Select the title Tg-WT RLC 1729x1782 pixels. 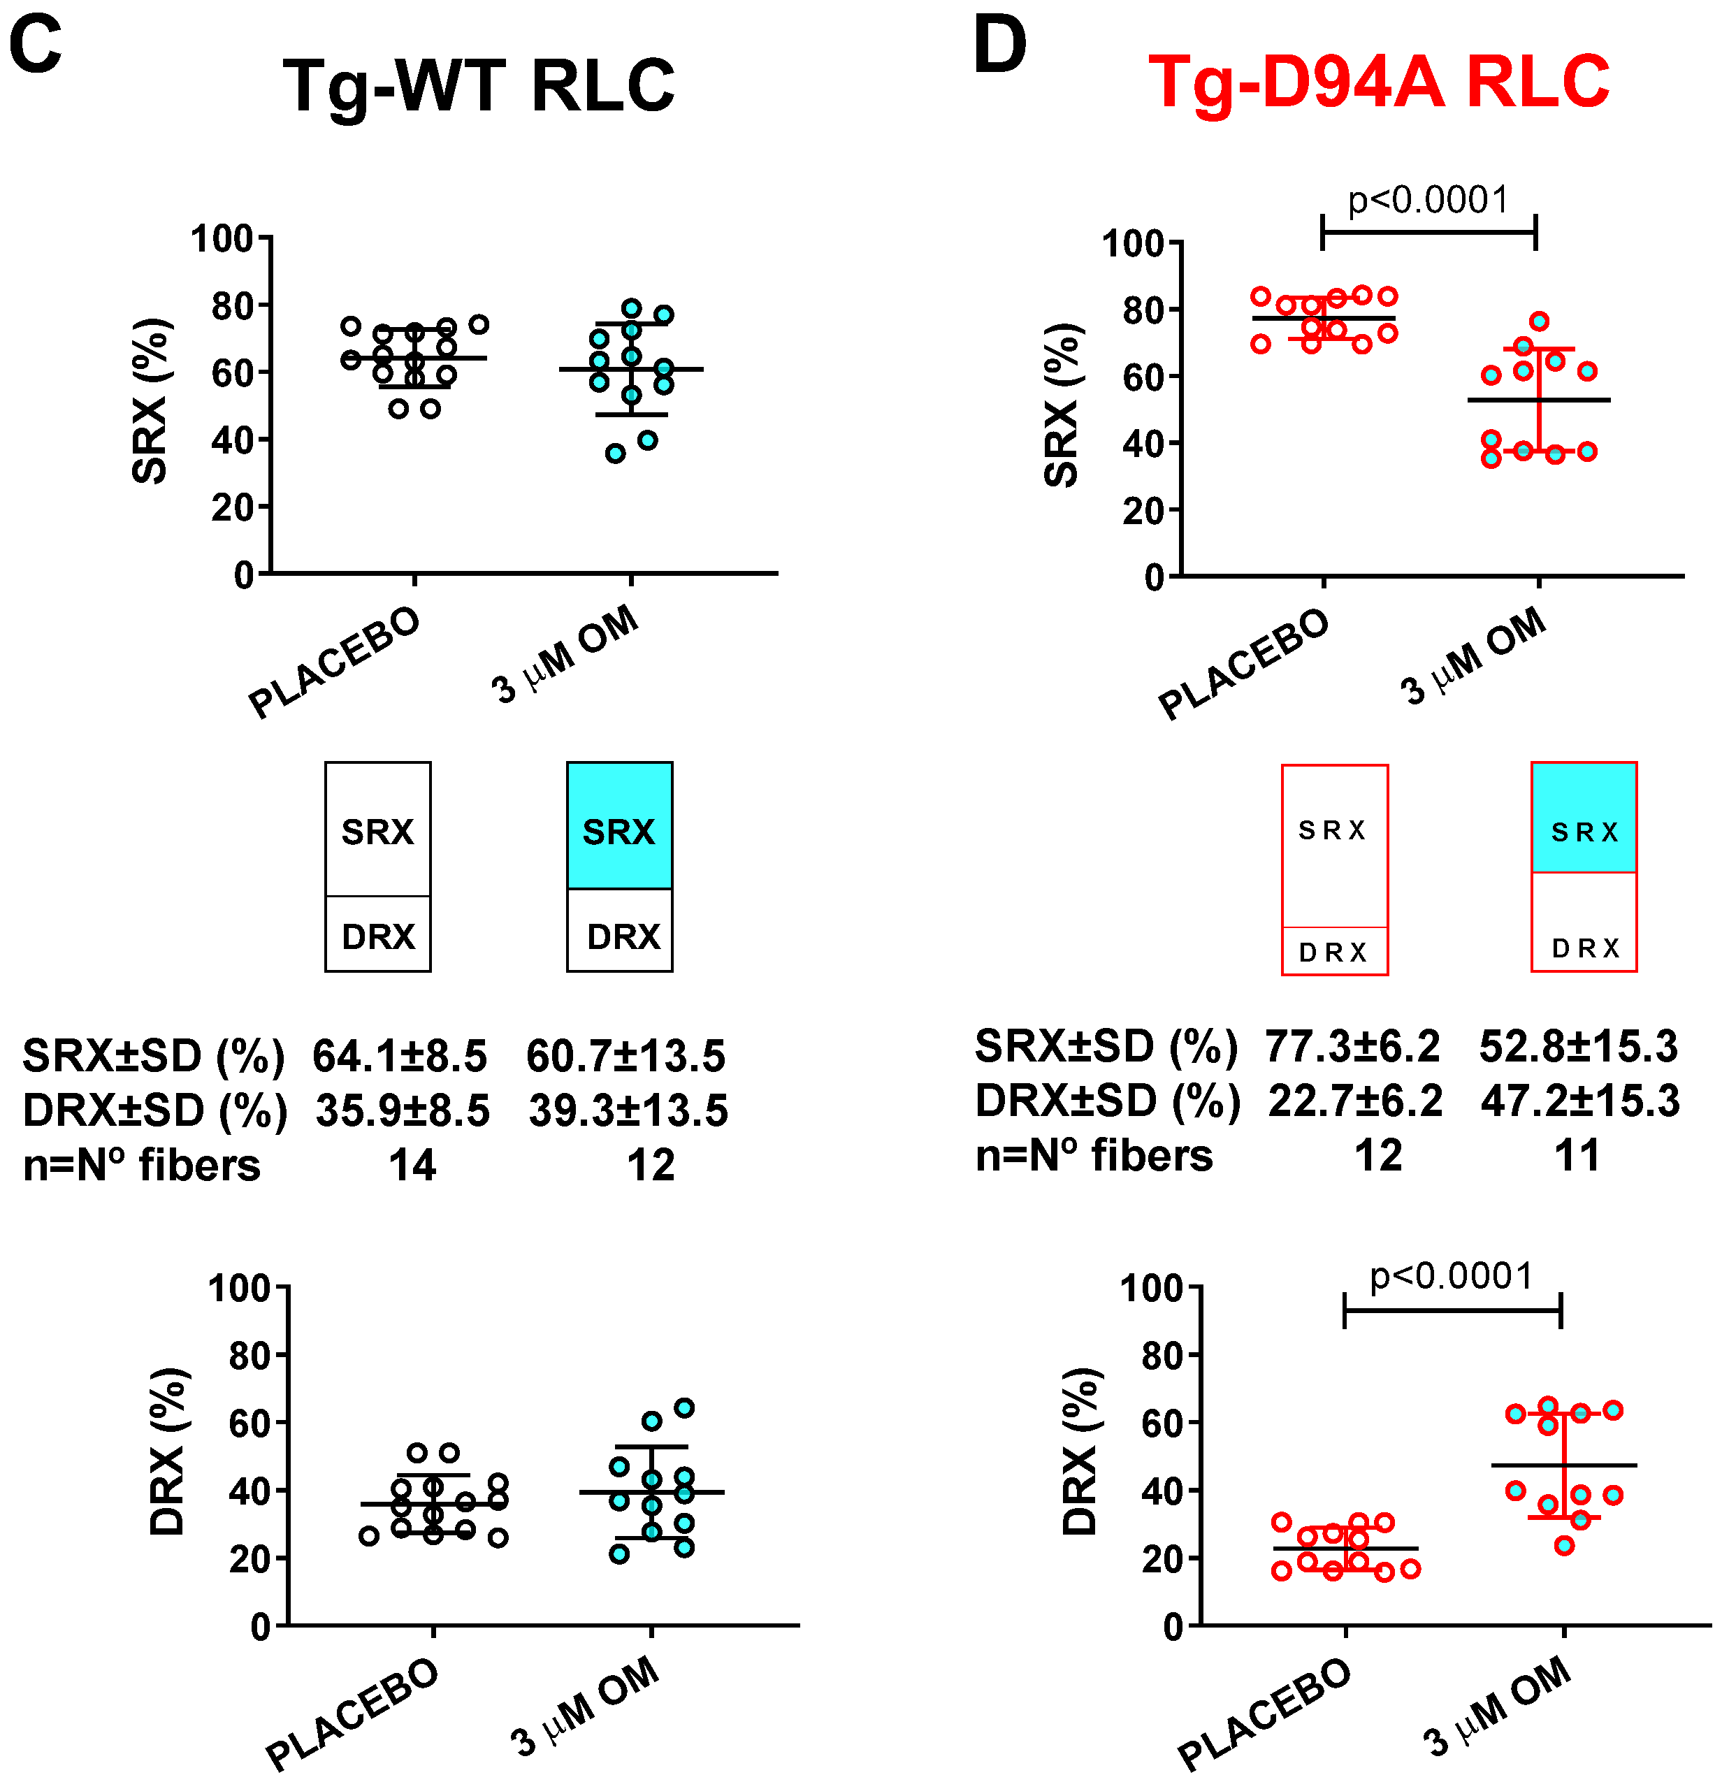click(x=479, y=87)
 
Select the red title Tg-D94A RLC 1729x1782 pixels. click(x=1378, y=82)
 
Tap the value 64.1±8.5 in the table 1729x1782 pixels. click(x=400, y=1055)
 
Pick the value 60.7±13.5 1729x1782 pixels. click(x=626, y=1055)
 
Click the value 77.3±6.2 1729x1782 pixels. click(x=1352, y=1046)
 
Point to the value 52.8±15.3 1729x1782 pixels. click(x=1579, y=1046)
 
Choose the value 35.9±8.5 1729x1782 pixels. click(x=403, y=1110)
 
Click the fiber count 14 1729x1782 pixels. click(x=413, y=1165)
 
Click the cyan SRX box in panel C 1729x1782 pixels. click(x=620, y=825)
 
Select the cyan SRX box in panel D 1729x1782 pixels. click(x=1584, y=818)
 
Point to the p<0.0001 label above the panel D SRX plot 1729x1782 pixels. click(x=1428, y=200)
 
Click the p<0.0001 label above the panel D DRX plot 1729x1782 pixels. click(x=1452, y=1277)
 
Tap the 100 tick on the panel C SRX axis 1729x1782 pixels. click(x=221, y=239)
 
